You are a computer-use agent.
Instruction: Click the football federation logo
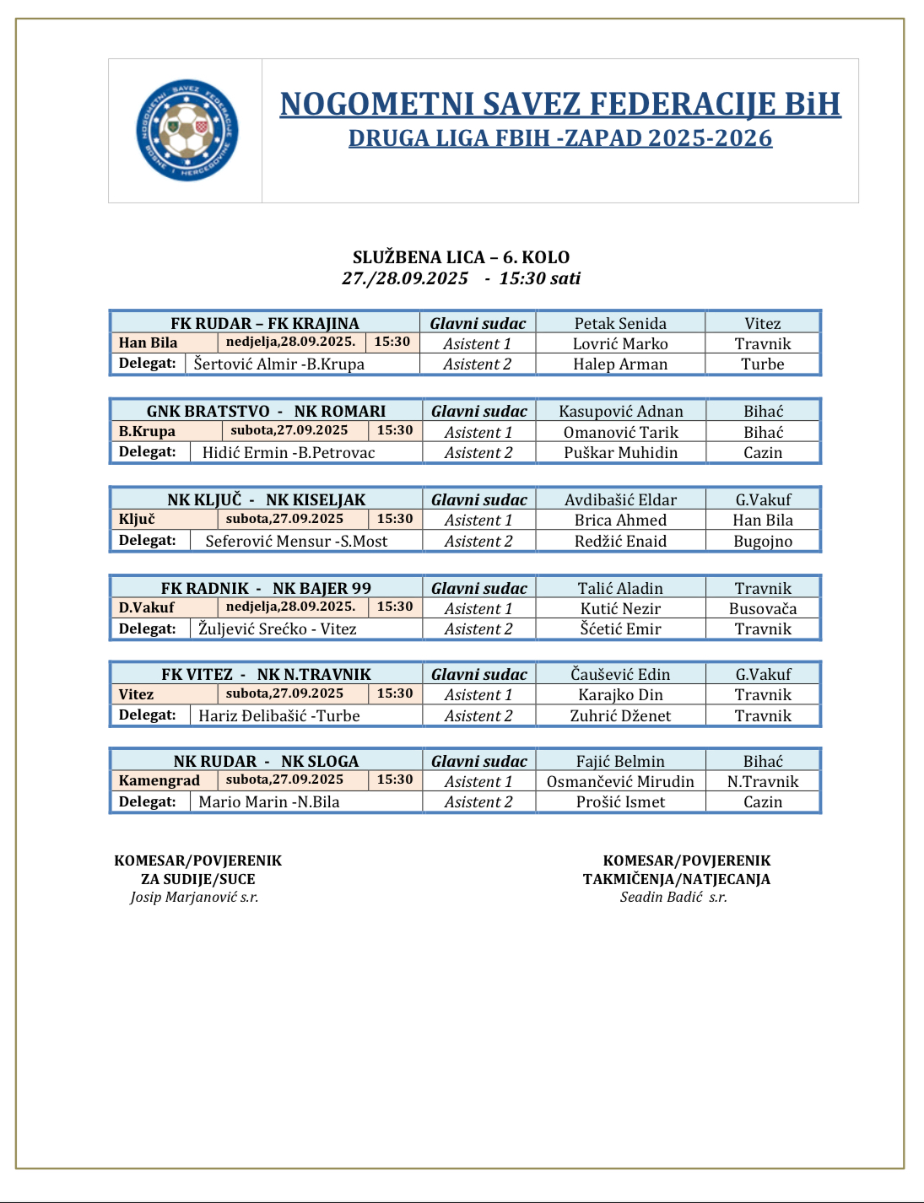[187, 130]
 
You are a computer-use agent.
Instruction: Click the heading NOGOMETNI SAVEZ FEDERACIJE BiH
[560, 104]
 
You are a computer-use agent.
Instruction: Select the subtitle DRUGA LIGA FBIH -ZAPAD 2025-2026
[560, 138]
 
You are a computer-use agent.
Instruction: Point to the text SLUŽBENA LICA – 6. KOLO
[461, 257]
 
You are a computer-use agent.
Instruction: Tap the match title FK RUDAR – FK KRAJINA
[265, 323]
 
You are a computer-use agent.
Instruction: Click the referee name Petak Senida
[620, 323]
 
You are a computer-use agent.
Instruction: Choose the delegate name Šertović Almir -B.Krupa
[279, 364]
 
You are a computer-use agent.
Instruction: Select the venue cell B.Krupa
[148, 431]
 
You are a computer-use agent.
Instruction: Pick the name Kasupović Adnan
[621, 411]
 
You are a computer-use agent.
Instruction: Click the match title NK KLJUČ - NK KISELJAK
[267, 499]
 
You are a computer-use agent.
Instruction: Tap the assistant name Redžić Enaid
[620, 541]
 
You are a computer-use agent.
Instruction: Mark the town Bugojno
[763, 541]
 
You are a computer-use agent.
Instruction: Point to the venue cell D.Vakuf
[147, 607]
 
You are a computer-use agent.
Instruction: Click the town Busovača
[763, 608]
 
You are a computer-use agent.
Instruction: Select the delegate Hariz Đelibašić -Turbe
[279, 715]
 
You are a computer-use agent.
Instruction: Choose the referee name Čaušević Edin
[620, 674]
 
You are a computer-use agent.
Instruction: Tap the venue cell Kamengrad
[159, 780]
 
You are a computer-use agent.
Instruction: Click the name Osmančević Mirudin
[620, 781]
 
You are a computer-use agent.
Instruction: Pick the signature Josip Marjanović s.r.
[194, 897]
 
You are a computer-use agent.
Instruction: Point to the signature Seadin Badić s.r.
[673, 897]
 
